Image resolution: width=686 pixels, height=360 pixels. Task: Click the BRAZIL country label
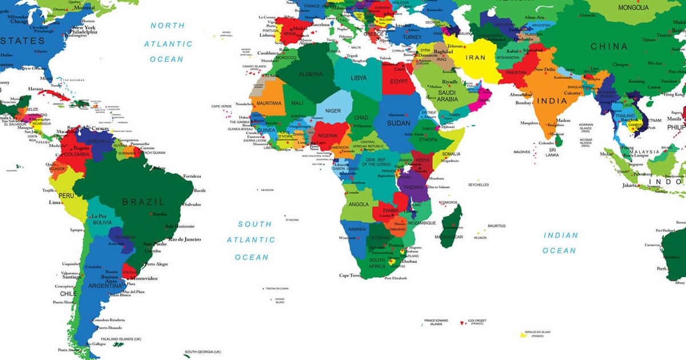[143, 202]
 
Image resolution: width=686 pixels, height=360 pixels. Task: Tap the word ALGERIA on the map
[311, 74]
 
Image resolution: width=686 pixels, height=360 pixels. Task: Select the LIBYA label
[359, 78]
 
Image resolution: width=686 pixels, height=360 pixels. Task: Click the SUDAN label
[398, 123]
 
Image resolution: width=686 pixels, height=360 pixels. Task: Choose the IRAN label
[476, 58]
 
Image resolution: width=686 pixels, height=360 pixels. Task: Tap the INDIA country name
[552, 101]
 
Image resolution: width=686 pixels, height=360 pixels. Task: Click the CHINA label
[609, 46]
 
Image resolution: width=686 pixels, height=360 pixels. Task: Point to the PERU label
[66, 195]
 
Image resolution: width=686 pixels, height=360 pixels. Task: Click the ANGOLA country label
[358, 205]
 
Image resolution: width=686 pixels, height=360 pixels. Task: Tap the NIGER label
[333, 111]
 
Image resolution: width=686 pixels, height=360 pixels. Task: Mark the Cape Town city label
[350, 275]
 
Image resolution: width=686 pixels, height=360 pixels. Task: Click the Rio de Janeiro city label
[184, 239]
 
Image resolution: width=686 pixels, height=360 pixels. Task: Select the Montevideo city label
[143, 278]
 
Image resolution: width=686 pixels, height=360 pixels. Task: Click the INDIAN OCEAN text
[560, 243]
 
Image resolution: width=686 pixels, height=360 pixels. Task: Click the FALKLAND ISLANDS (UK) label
[121, 339]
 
